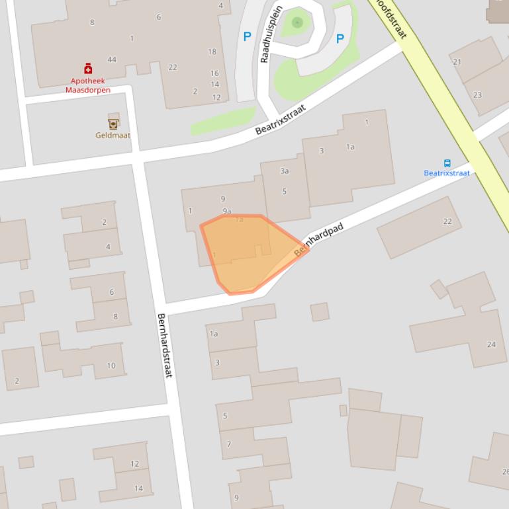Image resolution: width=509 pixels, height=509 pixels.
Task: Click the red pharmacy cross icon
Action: coord(88,69)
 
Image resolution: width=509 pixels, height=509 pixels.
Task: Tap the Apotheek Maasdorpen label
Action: coord(88,85)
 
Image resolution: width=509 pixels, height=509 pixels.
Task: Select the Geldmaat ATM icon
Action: coord(113,124)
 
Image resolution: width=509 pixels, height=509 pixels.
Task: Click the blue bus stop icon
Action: coord(447,163)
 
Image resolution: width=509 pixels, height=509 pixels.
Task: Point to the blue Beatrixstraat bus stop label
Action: coord(447,173)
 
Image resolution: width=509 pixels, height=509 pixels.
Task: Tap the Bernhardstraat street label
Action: coord(165,345)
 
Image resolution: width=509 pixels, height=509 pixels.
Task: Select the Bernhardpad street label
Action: coord(320,240)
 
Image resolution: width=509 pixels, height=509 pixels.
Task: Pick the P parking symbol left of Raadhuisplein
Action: coord(247,37)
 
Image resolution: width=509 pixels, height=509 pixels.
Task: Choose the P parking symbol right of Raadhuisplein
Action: coord(340,39)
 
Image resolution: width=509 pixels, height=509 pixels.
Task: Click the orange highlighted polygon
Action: coord(248,255)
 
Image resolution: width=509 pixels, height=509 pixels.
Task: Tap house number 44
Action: coord(112,59)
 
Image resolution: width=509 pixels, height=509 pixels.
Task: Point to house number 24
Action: coord(491,344)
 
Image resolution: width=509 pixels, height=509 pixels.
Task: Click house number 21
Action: coord(457,62)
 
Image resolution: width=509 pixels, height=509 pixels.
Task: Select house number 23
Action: coord(477,95)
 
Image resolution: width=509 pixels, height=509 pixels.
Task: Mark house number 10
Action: coord(111,366)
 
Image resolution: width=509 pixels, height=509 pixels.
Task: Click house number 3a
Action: coord(285,171)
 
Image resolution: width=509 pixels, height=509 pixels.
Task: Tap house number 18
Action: coord(212,52)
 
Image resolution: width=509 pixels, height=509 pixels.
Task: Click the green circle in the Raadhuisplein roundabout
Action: coord(297,22)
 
